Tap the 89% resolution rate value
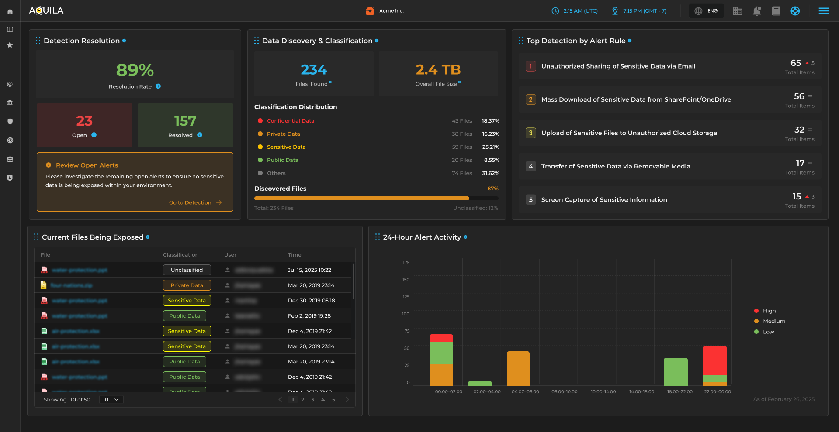coord(135,70)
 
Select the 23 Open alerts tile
coord(84,125)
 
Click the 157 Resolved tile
coord(185,125)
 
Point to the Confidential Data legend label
coord(291,121)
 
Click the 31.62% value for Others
coord(490,173)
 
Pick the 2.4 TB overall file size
coord(438,70)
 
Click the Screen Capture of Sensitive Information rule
coord(604,200)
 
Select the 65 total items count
coord(795,63)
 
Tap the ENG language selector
coord(706,11)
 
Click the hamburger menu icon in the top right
coord(823,11)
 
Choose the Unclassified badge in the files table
coord(187,270)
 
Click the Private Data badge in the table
coord(187,285)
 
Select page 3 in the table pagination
coord(312,400)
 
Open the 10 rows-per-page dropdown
coord(111,400)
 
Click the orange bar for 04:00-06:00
coord(518,368)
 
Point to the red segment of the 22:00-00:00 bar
coord(714,360)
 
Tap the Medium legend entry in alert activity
coord(773,321)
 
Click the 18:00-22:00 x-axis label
coord(680,392)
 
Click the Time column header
coord(295,255)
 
